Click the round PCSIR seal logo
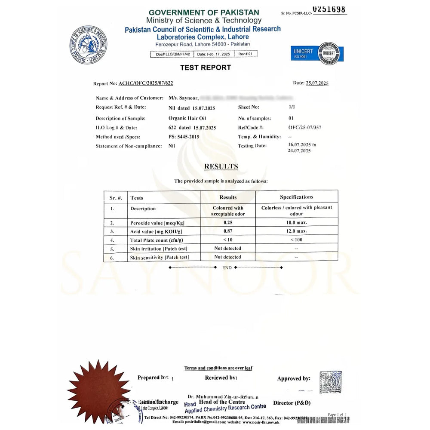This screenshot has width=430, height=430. [88, 45]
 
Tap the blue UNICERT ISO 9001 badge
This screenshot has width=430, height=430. [317, 54]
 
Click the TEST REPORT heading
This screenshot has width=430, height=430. [205, 68]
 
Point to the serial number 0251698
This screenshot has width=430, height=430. [329, 10]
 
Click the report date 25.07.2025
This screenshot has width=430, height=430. [317, 83]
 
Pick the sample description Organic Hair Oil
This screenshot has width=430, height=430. [187, 118]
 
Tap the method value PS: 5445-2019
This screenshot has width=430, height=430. [184, 137]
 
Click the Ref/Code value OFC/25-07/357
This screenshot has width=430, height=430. [304, 127]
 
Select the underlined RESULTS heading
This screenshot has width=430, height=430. [221, 166]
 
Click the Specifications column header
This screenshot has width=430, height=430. [296, 197]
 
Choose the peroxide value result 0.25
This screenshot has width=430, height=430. [227, 223]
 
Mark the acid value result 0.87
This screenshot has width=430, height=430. [227, 232]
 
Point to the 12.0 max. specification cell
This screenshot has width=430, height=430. [296, 232]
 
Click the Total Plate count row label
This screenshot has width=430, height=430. [154, 240]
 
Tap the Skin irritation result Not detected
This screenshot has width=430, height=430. [227, 249]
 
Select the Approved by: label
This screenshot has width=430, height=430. [294, 379]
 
